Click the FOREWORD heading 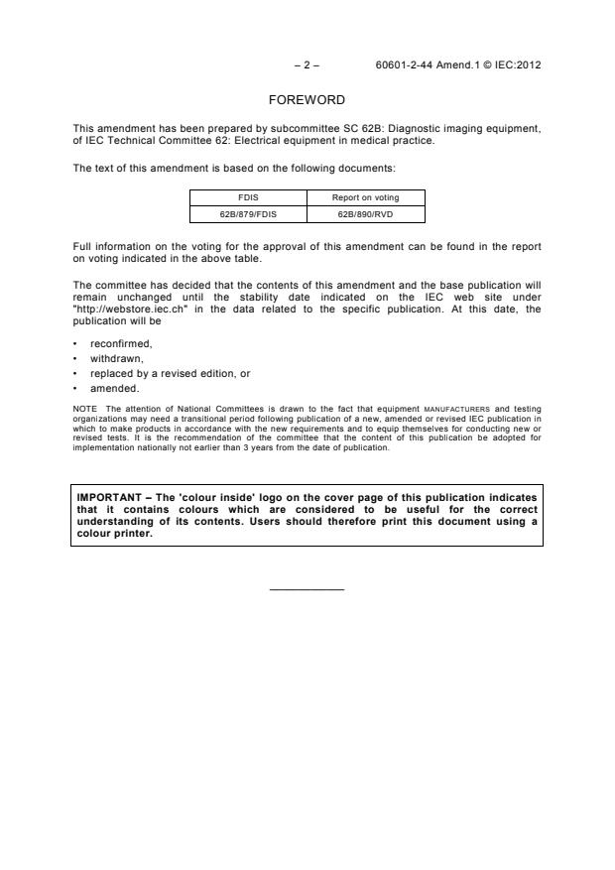pyautogui.click(x=307, y=100)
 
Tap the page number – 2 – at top pyautogui.click(x=307, y=65)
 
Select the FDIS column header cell pyautogui.click(x=248, y=197)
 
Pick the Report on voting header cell pyautogui.click(x=366, y=197)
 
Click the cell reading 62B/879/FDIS pyautogui.click(x=248, y=213)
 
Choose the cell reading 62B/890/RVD pyautogui.click(x=366, y=213)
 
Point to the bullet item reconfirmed pyautogui.click(x=118, y=344)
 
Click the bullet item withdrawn pyautogui.click(x=115, y=359)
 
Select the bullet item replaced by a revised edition pyautogui.click(x=160, y=373)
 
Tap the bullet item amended pyautogui.click(x=113, y=388)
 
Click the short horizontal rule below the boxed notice pyautogui.click(x=307, y=590)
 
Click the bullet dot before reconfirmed pyautogui.click(x=76, y=344)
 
